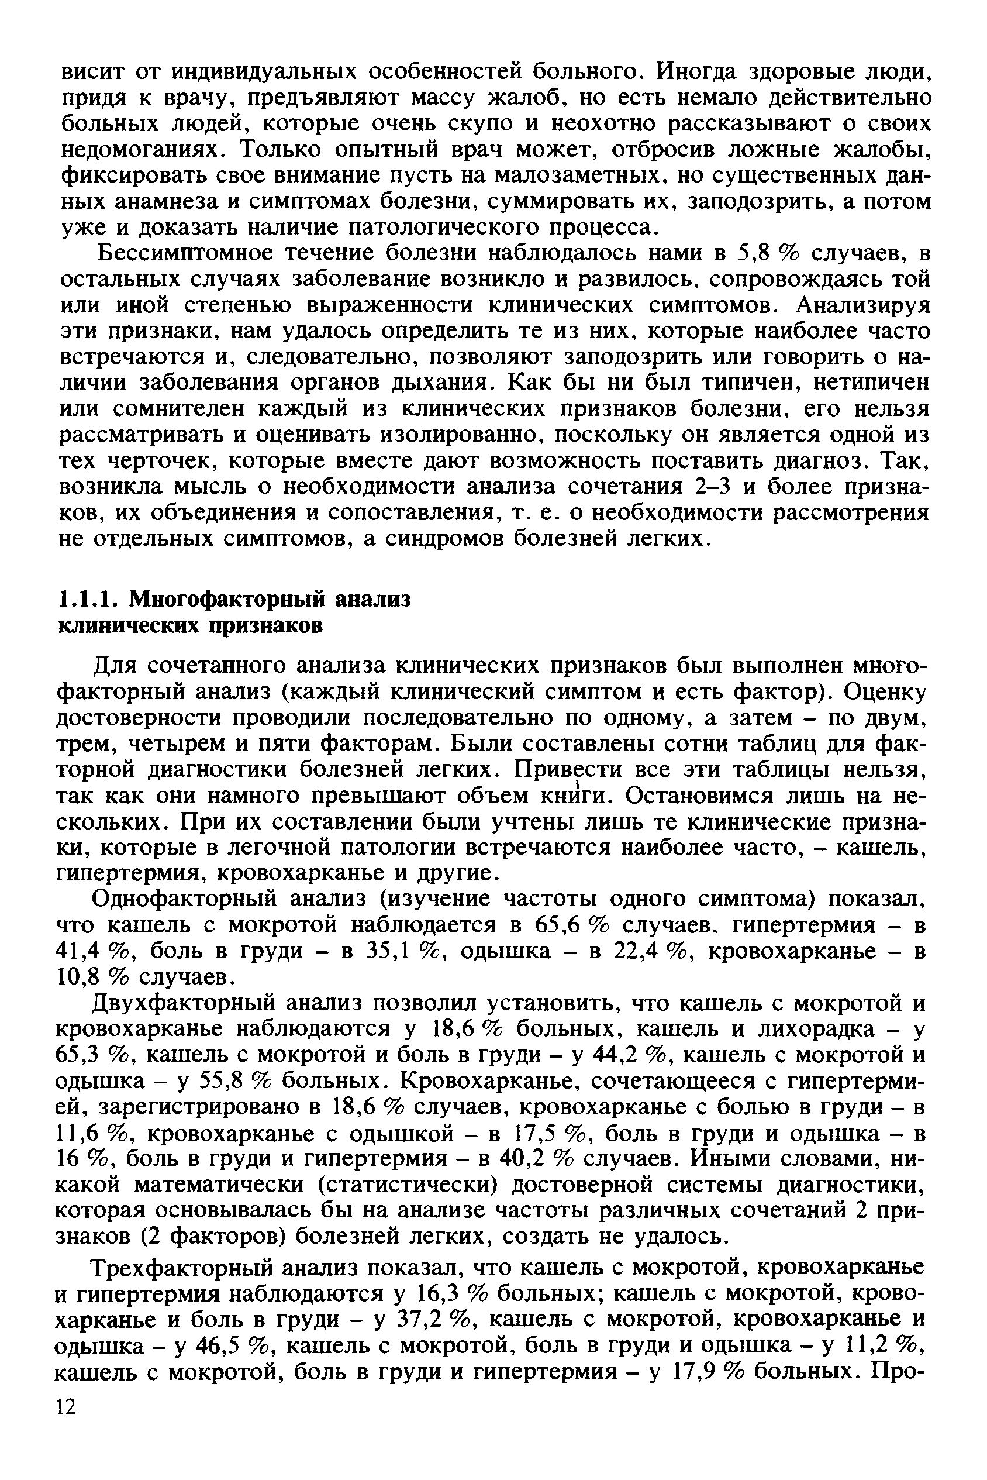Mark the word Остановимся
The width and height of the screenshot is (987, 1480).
(x=700, y=796)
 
